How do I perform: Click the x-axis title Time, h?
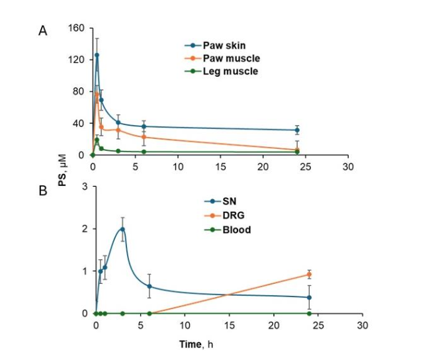coord(197,345)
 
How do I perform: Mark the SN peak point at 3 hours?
coord(122,229)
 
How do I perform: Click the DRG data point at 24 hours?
coord(309,274)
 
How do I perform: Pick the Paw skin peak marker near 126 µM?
coord(97,55)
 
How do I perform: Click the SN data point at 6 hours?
coord(149,286)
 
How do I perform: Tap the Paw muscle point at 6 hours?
coord(144,137)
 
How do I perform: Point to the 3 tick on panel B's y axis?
coord(84,187)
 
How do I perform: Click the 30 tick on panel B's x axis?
coord(362,326)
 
